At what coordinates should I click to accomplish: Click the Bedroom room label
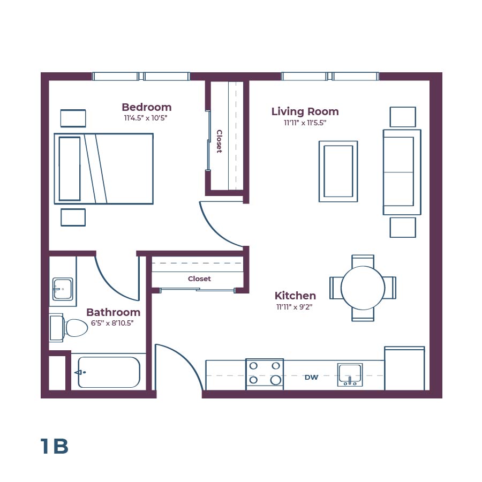click(x=146, y=107)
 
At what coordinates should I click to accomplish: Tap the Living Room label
click(x=305, y=111)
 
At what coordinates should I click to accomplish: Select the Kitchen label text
click(x=295, y=296)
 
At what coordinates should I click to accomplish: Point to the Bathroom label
click(x=113, y=312)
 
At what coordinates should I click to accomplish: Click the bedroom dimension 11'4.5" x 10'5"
click(x=146, y=118)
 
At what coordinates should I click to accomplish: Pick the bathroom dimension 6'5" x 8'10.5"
click(x=113, y=323)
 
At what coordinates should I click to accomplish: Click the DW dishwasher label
click(x=311, y=378)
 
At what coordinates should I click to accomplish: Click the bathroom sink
click(x=63, y=289)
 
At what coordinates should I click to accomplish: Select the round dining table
click(x=363, y=288)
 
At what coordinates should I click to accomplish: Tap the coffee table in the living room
click(x=338, y=171)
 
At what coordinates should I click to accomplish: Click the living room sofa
click(x=402, y=172)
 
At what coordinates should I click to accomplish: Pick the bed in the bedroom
click(x=103, y=169)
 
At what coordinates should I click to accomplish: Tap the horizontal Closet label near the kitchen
click(x=199, y=279)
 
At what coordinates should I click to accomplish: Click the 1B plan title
click(x=54, y=447)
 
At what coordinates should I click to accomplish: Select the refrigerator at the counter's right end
click(x=404, y=369)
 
